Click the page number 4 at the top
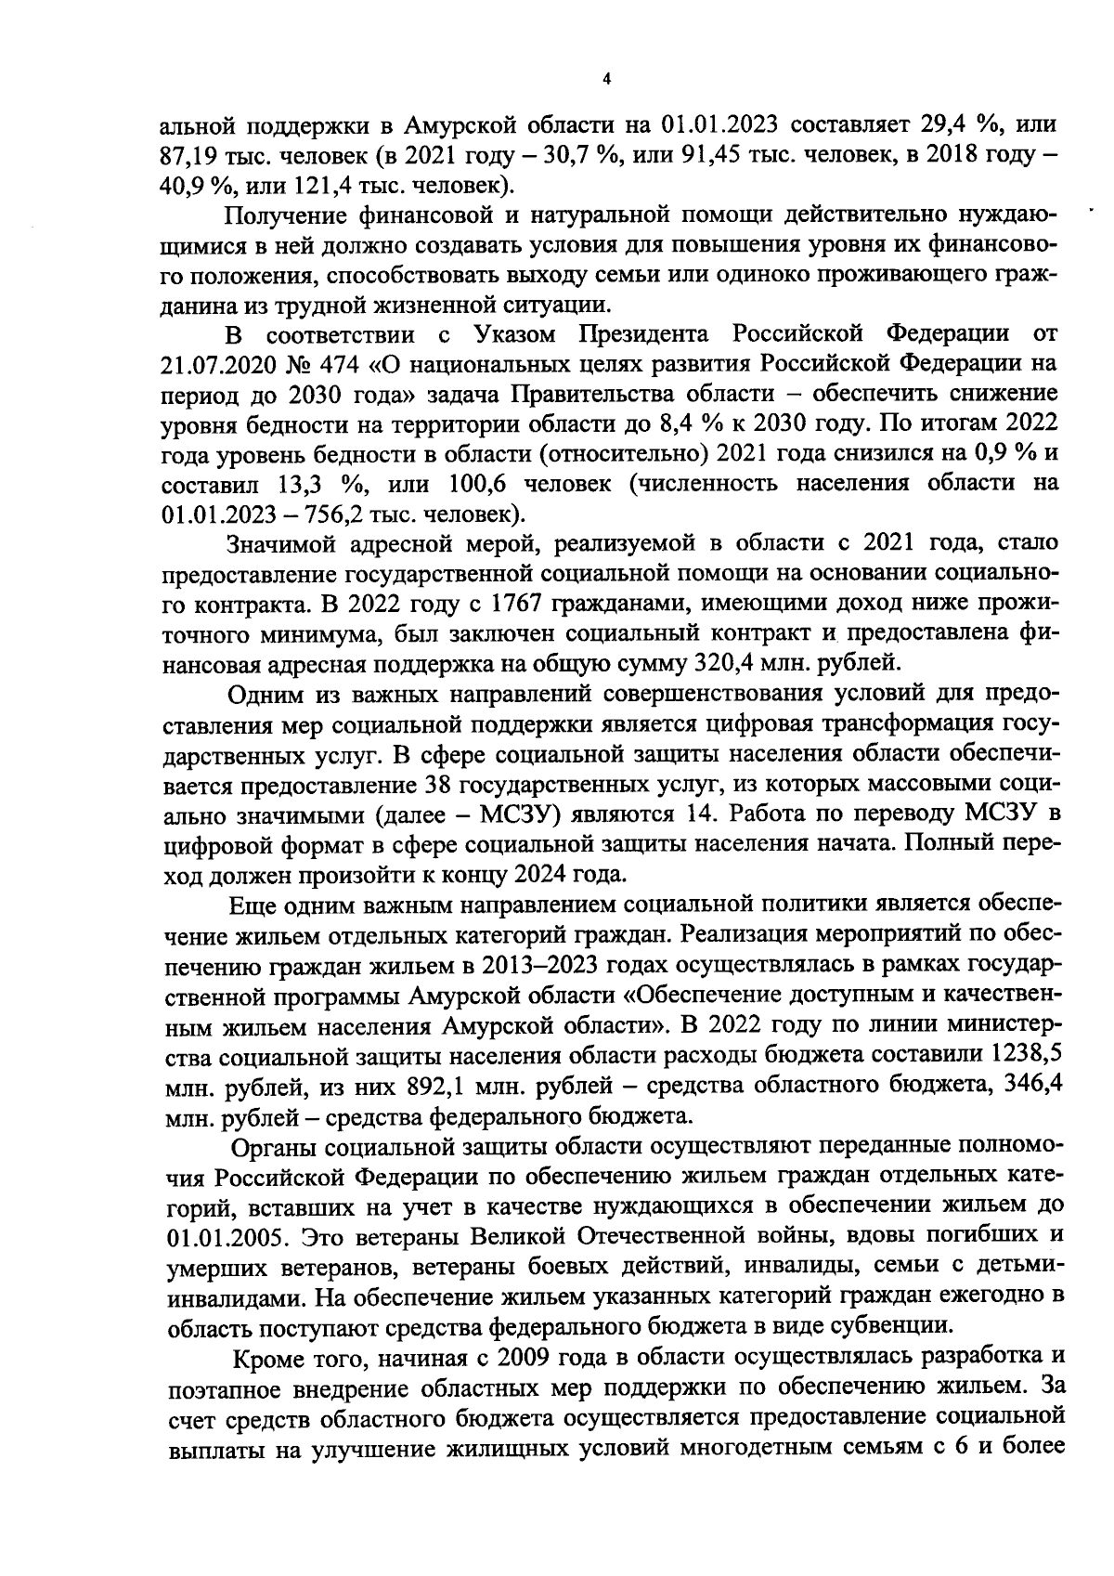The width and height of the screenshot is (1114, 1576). point(606,80)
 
